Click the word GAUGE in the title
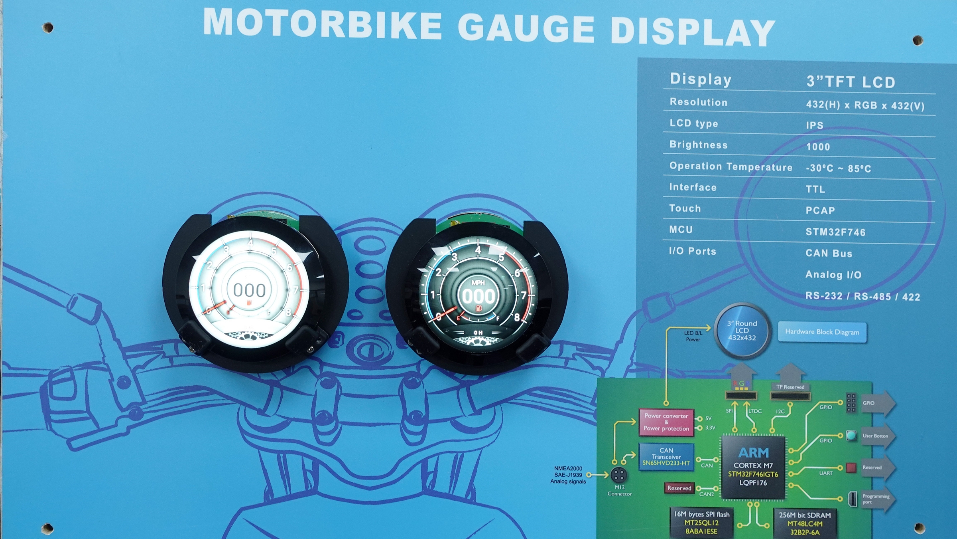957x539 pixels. coord(526,29)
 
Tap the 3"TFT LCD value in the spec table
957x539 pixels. coord(851,82)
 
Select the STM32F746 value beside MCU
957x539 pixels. coord(835,232)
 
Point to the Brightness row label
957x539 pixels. coord(698,145)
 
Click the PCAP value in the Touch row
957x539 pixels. coord(820,210)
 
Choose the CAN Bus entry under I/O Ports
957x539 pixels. coord(829,253)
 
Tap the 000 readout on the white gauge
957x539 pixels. coord(249,290)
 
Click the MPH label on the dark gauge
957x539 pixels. coord(478,283)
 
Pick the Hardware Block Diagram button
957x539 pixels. coord(822,332)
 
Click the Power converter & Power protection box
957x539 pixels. coord(666,422)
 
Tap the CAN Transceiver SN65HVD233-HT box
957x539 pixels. coord(666,457)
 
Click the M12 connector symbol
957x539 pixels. coord(619,475)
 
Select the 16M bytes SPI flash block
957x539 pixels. coord(701,523)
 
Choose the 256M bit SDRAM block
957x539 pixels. coord(805,523)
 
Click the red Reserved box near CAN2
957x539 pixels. coord(679,488)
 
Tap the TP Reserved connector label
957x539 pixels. coord(790,387)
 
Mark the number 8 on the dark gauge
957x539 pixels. coord(516,317)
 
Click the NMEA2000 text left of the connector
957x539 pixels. coord(568,468)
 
